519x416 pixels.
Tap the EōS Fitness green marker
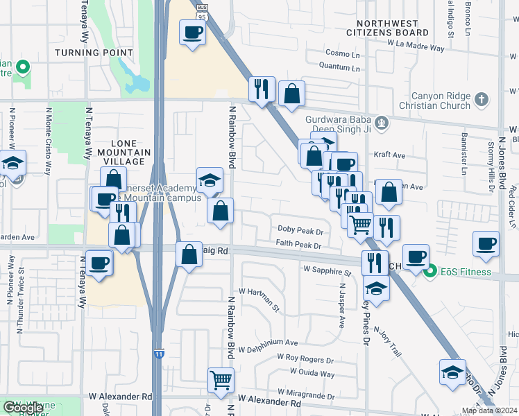430,271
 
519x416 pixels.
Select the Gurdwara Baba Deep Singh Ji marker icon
382,124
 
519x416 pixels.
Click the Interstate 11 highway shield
159,354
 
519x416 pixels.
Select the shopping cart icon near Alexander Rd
221,379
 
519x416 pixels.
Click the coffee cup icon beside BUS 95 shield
192,31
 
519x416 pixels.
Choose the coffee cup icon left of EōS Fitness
415,256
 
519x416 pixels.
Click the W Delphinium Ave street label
268,343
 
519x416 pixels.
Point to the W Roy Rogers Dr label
305,358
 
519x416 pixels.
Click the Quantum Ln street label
339,67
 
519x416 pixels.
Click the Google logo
24,408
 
